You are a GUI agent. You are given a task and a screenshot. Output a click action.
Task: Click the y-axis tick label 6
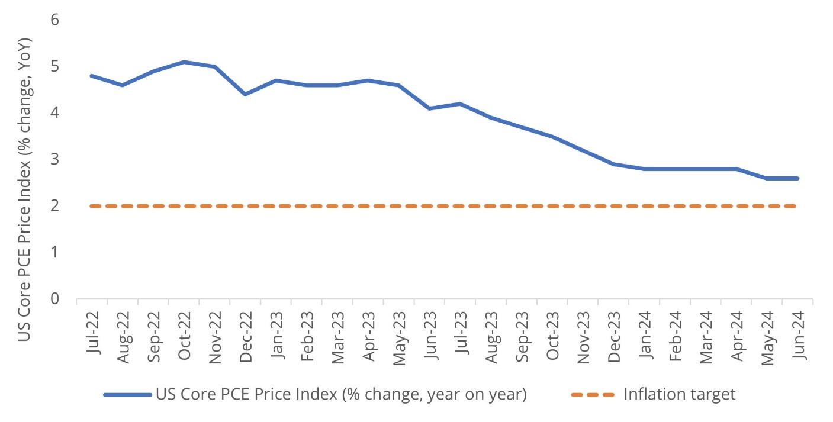(55, 20)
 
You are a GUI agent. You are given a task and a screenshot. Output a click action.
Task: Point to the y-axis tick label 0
(55, 299)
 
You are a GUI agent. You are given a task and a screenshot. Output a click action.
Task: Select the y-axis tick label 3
(55, 159)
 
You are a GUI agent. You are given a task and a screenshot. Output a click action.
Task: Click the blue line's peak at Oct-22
(184, 62)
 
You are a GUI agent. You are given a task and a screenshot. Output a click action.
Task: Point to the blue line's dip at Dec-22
(245, 94)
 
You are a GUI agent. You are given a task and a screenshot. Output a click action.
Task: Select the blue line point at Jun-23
(429, 108)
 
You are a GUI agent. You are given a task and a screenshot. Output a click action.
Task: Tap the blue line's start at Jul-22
(92, 76)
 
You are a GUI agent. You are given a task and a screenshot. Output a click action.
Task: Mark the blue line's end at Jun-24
(797, 178)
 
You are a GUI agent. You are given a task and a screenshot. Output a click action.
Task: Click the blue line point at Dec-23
(613, 164)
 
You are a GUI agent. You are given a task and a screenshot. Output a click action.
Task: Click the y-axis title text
(24, 189)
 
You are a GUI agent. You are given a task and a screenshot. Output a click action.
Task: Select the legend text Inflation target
(679, 395)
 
